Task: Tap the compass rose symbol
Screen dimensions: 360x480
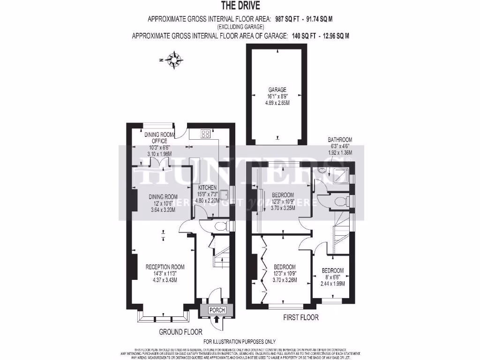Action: [x=176, y=60]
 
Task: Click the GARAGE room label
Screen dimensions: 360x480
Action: [x=277, y=90]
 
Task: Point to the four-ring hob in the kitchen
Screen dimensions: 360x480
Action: [x=205, y=134]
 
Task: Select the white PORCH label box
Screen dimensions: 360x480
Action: [x=217, y=310]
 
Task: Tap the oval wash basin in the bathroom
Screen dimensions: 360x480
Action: [x=321, y=171]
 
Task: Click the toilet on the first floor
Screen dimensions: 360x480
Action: [x=341, y=202]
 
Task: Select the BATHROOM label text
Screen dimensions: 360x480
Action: [x=340, y=140]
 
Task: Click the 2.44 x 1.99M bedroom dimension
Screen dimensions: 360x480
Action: [x=332, y=284]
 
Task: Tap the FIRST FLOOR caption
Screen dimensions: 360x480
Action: [x=300, y=317]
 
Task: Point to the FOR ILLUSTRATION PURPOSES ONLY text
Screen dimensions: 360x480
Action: [x=240, y=342]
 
